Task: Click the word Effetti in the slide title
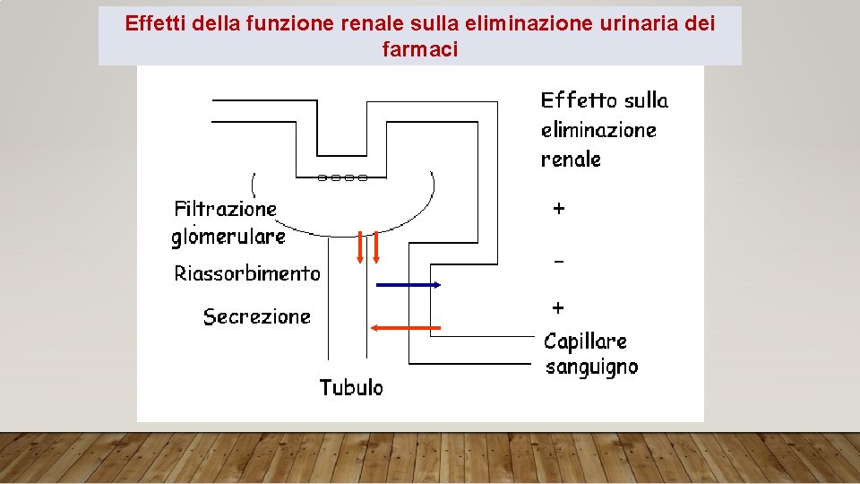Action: [x=153, y=23]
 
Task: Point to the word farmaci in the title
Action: [x=419, y=49]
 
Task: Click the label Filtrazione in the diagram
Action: [x=225, y=210]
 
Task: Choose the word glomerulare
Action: [x=228, y=237]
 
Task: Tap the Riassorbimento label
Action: [x=246, y=273]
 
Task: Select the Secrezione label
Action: [x=256, y=316]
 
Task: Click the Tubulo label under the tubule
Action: [x=351, y=387]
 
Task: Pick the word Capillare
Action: [x=585, y=341]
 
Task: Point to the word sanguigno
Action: [x=591, y=367]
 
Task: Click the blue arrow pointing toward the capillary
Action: [x=408, y=285]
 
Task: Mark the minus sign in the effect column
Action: [x=558, y=261]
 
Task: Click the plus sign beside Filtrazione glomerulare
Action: [x=558, y=209]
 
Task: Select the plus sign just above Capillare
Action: [x=558, y=307]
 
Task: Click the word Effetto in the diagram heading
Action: [x=578, y=99]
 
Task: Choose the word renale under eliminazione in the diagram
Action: [x=571, y=160]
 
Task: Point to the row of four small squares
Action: [x=342, y=177]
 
